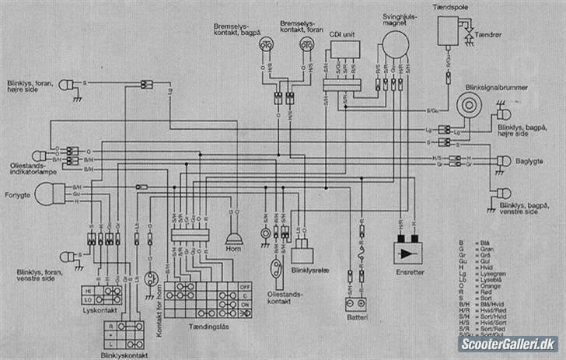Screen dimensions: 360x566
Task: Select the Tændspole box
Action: click(449, 32)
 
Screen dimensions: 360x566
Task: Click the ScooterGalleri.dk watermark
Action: click(509, 344)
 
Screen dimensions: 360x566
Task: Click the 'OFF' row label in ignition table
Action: click(245, 285)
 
